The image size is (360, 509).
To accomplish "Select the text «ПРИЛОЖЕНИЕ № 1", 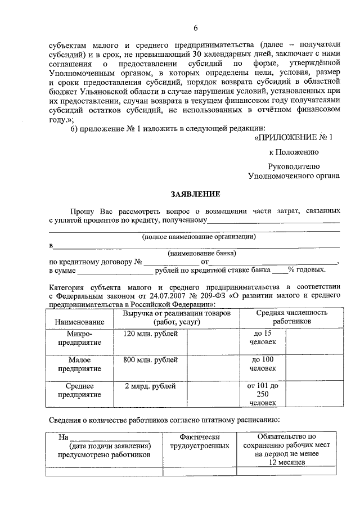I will [x=297, y=137].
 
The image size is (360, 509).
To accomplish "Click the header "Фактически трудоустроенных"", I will [x=199, y=441].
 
